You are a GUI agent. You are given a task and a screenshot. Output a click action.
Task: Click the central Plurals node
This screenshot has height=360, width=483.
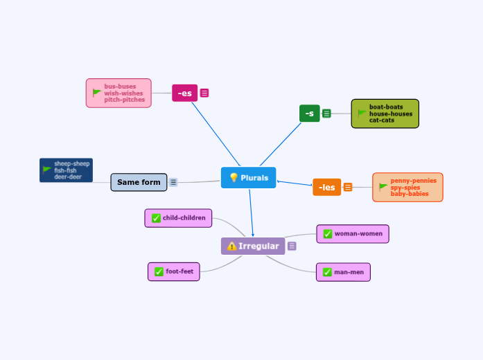248,178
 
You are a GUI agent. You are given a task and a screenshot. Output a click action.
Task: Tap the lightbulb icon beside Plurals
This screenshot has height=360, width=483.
234,178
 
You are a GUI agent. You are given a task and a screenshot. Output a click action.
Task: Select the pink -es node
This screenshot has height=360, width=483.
184,93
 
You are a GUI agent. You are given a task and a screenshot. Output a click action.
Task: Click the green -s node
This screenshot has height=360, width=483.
309,113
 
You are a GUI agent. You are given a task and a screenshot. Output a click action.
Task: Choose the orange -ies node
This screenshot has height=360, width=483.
326,187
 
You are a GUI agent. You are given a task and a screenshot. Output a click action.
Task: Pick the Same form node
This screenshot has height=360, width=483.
139,182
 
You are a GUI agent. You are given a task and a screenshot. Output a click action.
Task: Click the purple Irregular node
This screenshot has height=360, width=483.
253,246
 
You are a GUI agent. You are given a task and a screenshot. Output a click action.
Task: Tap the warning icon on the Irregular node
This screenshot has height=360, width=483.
231,246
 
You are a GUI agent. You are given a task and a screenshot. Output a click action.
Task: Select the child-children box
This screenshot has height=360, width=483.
178,218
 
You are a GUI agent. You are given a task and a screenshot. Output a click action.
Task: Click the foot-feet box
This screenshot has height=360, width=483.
173,271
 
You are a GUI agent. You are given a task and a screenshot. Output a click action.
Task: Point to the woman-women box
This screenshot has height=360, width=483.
352,234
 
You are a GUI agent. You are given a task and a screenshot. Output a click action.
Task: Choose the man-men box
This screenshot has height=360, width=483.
342,272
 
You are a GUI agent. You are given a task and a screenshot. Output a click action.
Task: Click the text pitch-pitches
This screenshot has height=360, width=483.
125,100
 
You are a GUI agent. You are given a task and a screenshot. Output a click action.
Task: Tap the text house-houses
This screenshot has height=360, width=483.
390,114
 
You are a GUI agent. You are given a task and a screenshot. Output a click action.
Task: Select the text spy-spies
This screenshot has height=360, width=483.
405,187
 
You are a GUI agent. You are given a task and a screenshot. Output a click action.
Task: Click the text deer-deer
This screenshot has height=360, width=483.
68,177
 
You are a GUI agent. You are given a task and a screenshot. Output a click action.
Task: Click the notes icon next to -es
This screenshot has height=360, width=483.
204,93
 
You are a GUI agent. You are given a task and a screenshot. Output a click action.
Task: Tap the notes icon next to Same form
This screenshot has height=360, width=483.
173,182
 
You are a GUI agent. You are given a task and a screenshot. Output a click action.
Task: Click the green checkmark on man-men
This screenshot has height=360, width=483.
326,272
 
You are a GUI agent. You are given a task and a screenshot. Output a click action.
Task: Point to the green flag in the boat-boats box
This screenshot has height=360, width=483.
362,113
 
